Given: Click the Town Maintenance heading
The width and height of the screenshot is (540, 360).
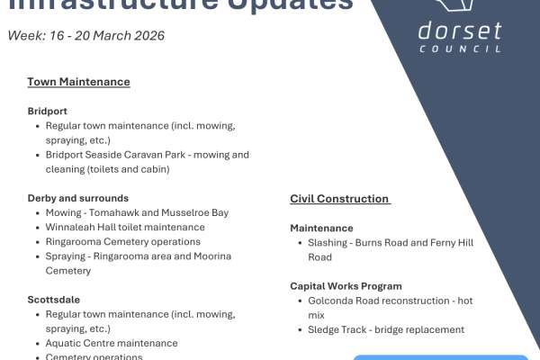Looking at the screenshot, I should (x=78, y=82).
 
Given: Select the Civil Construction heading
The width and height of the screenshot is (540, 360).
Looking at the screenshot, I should (x=339, y=199).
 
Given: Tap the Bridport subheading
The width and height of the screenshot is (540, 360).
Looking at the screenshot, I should (x=47, y=112).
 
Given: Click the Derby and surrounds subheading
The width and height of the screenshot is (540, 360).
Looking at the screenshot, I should (x=77, y=198).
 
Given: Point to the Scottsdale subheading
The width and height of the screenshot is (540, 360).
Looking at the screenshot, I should (x=52, y=299).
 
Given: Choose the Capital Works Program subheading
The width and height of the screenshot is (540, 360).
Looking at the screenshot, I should (x=346, y=286).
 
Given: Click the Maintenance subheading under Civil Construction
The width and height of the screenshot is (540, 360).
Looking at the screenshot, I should (x=321, y=229).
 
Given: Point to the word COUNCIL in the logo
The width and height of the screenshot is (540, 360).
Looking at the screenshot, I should (x=460, y=49).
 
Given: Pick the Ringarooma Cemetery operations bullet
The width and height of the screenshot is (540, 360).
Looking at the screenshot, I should (x=122, y=241).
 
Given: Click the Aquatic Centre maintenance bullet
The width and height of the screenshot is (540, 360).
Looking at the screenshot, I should (x=112, y=343).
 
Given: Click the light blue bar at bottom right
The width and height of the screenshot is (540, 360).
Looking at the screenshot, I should (x=440, y=356).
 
